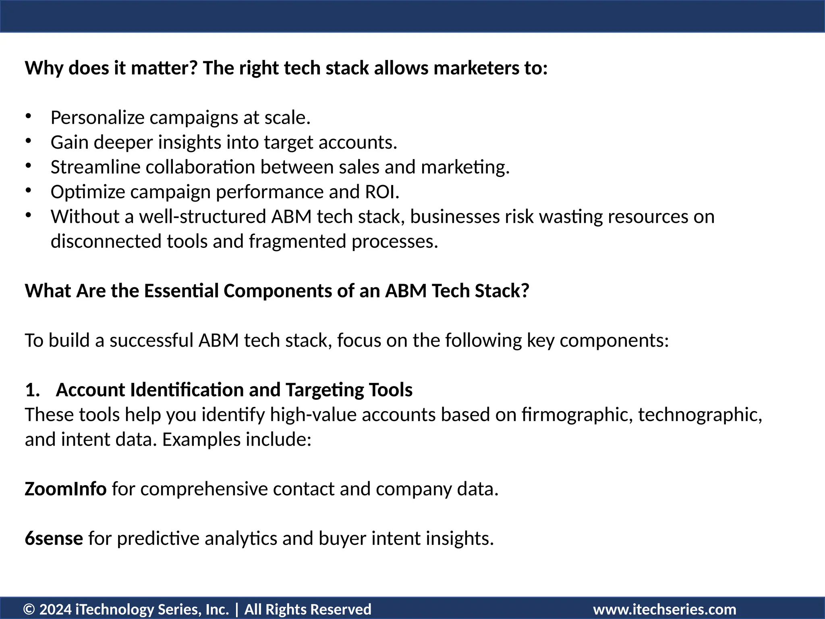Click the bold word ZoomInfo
(65, 489)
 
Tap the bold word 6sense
(54, 538)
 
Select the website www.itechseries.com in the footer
(665, 609)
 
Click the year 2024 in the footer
(55, 609)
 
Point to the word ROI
(381, 192)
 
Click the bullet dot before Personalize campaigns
(28, 116)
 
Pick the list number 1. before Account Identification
(32, 390)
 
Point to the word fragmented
(297, 241)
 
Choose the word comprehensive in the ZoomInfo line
(204, 489)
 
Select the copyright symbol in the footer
(29, 609)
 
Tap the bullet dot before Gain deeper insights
(28, 141)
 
